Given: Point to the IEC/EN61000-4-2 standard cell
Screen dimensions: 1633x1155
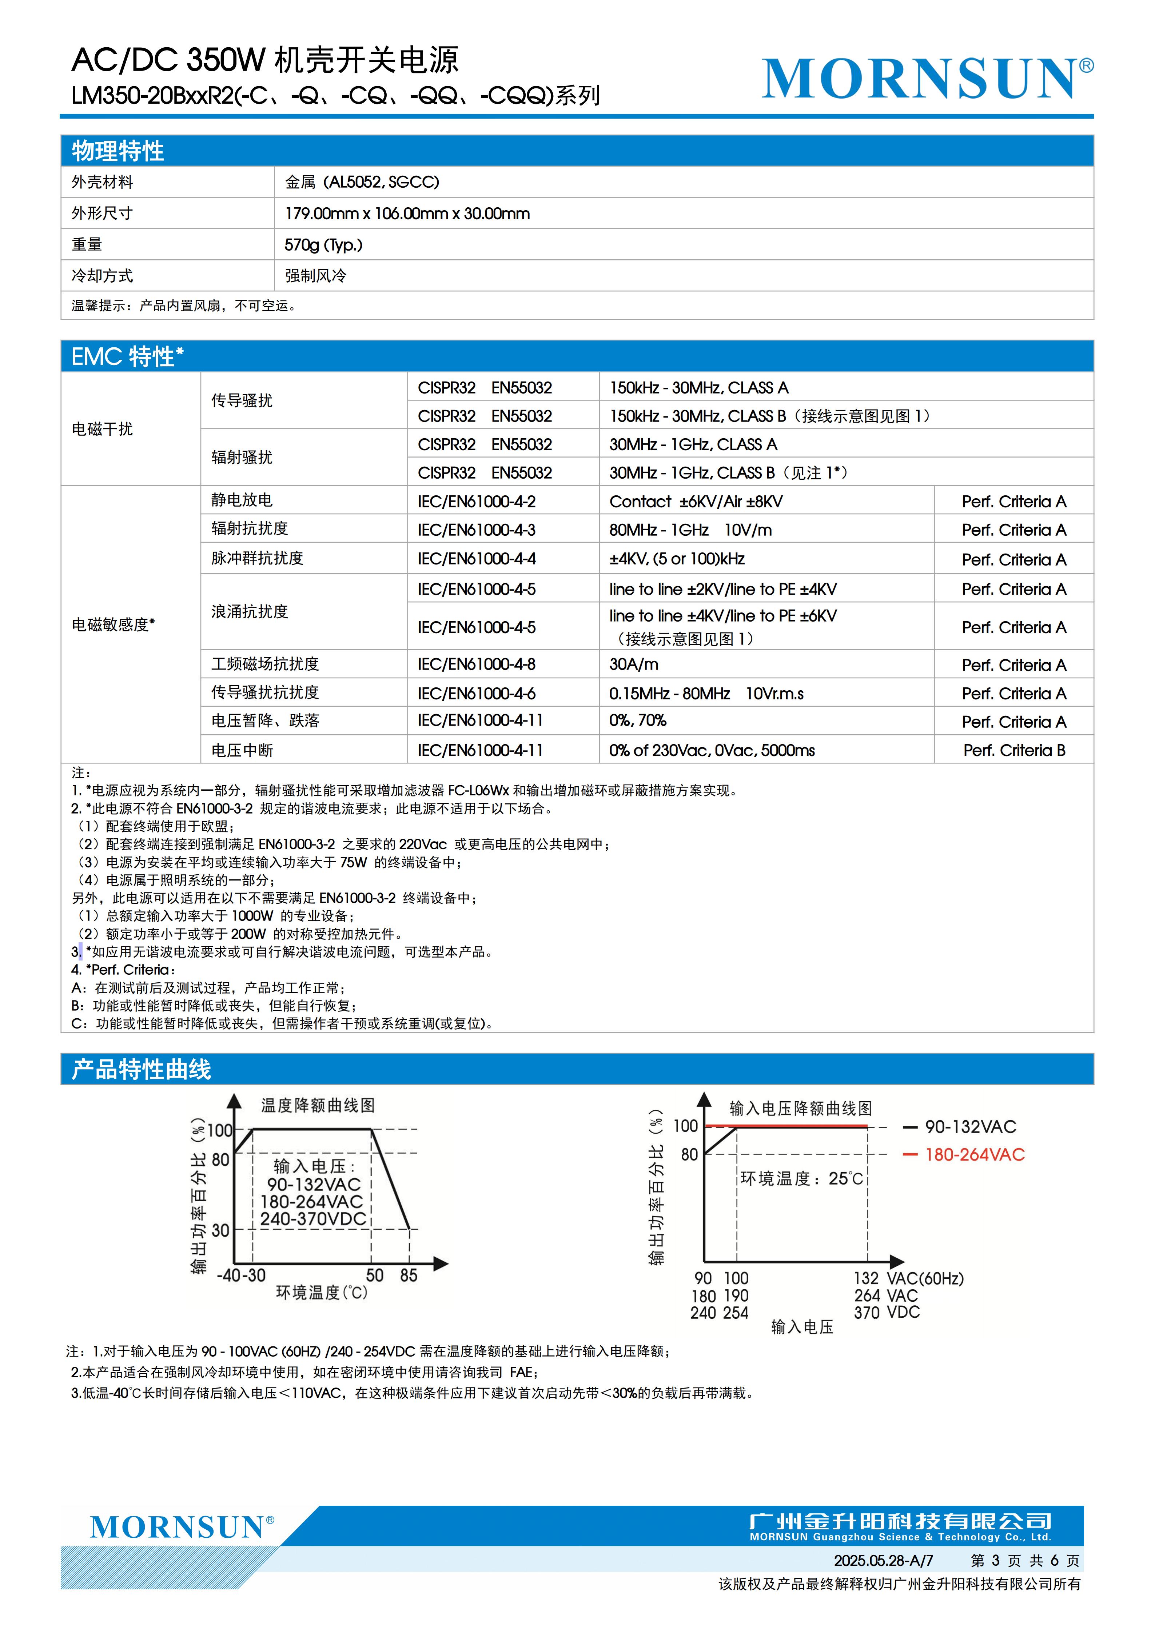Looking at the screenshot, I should click(477, 502).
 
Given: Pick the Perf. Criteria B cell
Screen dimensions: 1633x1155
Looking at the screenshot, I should click(1014, 750).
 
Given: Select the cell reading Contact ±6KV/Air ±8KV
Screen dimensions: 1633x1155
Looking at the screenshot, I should click(696, 502).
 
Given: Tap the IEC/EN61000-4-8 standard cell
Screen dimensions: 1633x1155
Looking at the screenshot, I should click(477, 664).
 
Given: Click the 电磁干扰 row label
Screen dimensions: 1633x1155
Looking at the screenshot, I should click(103, 429).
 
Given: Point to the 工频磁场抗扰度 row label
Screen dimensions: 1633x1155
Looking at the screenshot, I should click(265, 664).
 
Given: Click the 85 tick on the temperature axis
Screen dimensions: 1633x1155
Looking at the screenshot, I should click(409, 1275).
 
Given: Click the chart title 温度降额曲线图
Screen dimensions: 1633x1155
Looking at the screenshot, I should click(318, 1105).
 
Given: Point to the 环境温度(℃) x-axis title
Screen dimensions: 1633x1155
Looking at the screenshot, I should click(322, 1292).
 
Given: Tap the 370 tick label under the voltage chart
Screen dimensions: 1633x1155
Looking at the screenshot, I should click(867, 1313).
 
